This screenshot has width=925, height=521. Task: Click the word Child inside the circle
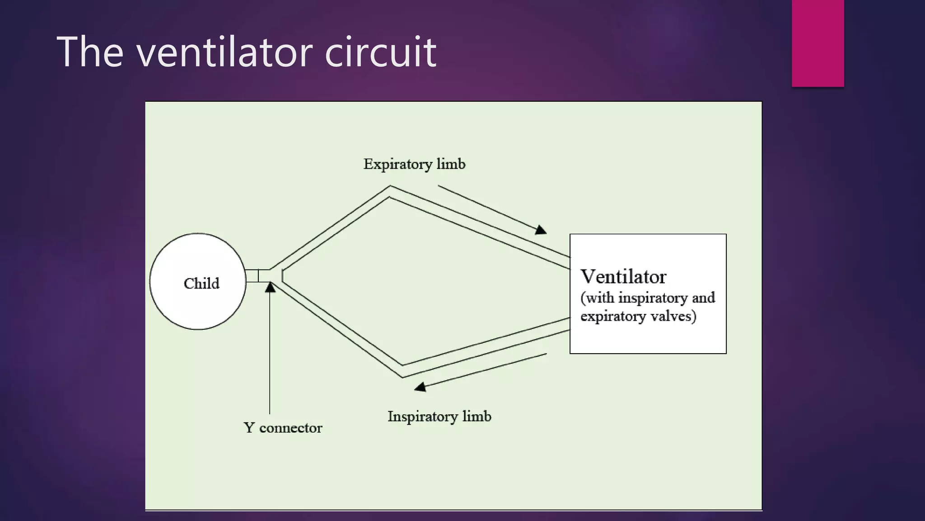coord(201,284)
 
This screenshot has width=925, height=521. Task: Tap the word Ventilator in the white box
coord(623,277)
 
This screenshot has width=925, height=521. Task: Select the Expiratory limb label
coord(414,164)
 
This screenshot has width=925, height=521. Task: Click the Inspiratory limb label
coord(439,416)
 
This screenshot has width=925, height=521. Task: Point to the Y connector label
coord(283,428)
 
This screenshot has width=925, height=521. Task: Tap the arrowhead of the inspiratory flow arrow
coord(420,387)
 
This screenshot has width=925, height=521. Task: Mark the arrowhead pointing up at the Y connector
coord(270,287)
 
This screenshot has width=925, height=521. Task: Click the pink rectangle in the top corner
coord(818,43)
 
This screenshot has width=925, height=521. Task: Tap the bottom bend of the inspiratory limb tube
coord(402,371)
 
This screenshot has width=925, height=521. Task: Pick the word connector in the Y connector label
coord(290,428)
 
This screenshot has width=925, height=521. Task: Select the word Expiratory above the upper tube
coord(397,164)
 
